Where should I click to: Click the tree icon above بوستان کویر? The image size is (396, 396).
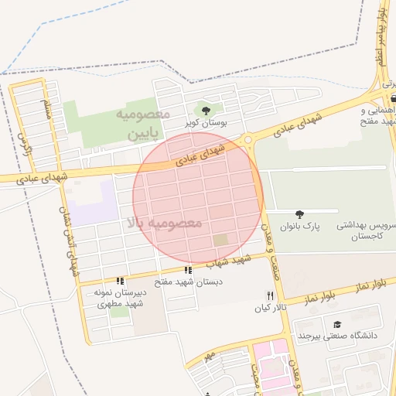tap(205, 111)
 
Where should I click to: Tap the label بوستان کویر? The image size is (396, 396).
tap(204, 123)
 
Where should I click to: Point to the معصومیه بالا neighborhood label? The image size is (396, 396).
tap(164, 223)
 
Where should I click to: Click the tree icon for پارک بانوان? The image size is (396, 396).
tap(299, 213)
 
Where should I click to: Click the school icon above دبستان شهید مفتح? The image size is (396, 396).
tap(188, 270)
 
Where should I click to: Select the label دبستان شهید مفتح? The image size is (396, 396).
tap(188, 282)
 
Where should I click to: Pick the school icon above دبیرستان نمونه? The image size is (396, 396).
tap(119, 281)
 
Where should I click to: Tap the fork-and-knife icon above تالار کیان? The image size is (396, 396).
tap(270, 295)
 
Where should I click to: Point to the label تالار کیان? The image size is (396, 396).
tap(270, 308)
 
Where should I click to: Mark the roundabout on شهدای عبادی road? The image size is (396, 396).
tap(248, 140)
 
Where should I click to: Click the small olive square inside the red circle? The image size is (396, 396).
tap(220, 240)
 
